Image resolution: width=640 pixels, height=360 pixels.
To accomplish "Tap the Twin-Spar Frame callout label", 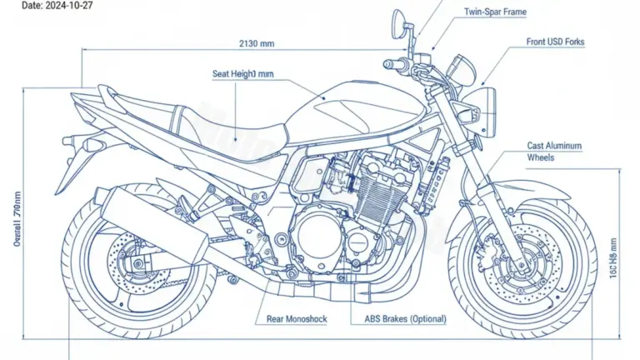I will (x=495, y=13).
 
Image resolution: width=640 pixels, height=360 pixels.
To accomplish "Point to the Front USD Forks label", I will (x=555, y=42).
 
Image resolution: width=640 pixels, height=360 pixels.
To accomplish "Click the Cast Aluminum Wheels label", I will (x=554, y=151).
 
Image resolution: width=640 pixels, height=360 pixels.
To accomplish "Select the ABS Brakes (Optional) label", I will (x=405, y=318).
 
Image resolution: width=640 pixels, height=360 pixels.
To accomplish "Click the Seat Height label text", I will (x=242, y=74).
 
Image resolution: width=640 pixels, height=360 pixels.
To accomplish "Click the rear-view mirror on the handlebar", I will (x=398, y=18).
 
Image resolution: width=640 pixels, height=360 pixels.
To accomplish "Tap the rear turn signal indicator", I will (x=94, y=147).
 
